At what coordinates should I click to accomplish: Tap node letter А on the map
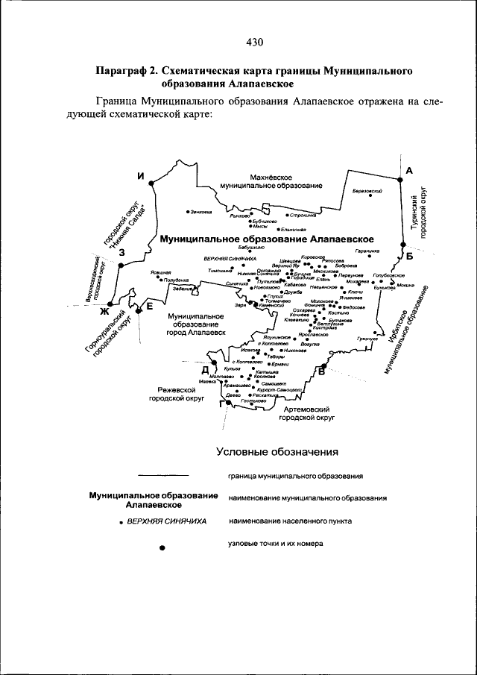(x=409, y=171)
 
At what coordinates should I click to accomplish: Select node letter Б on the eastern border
(x=411, y=256)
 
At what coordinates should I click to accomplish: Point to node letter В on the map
(x=323, y=370)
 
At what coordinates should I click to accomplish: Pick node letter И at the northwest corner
(x=139, y=176)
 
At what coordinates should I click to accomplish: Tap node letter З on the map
(x=121, y=254)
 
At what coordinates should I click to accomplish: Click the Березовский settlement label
(x=367, y=191)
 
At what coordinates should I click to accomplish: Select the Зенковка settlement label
(x=200, y=211)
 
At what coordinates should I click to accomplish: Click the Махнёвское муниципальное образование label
(x=266, y=180)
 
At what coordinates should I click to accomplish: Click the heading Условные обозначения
(x=277, y=451)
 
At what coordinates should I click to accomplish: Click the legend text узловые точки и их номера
(x=276, y=544)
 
